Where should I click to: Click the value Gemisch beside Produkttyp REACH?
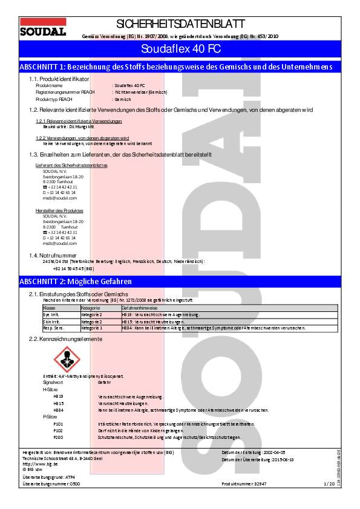click(x=123, y=99)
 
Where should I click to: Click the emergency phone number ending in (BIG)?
click(x=73, y=268)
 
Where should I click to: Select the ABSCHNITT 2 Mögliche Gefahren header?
click(x=76, y=282)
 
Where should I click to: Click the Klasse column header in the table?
click(x=49, y=308)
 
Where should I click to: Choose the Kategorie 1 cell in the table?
click(x=92, y=328)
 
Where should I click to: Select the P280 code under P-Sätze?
click(x=59, y=436)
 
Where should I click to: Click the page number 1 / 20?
click(x=329, y=484)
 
